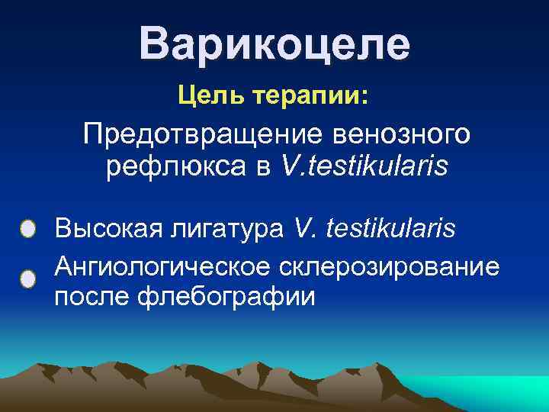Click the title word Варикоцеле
274,44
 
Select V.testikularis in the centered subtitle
365,166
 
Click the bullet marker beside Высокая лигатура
27,229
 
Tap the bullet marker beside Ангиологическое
27,278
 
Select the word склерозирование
389,267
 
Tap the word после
88,296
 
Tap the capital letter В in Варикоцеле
154,44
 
